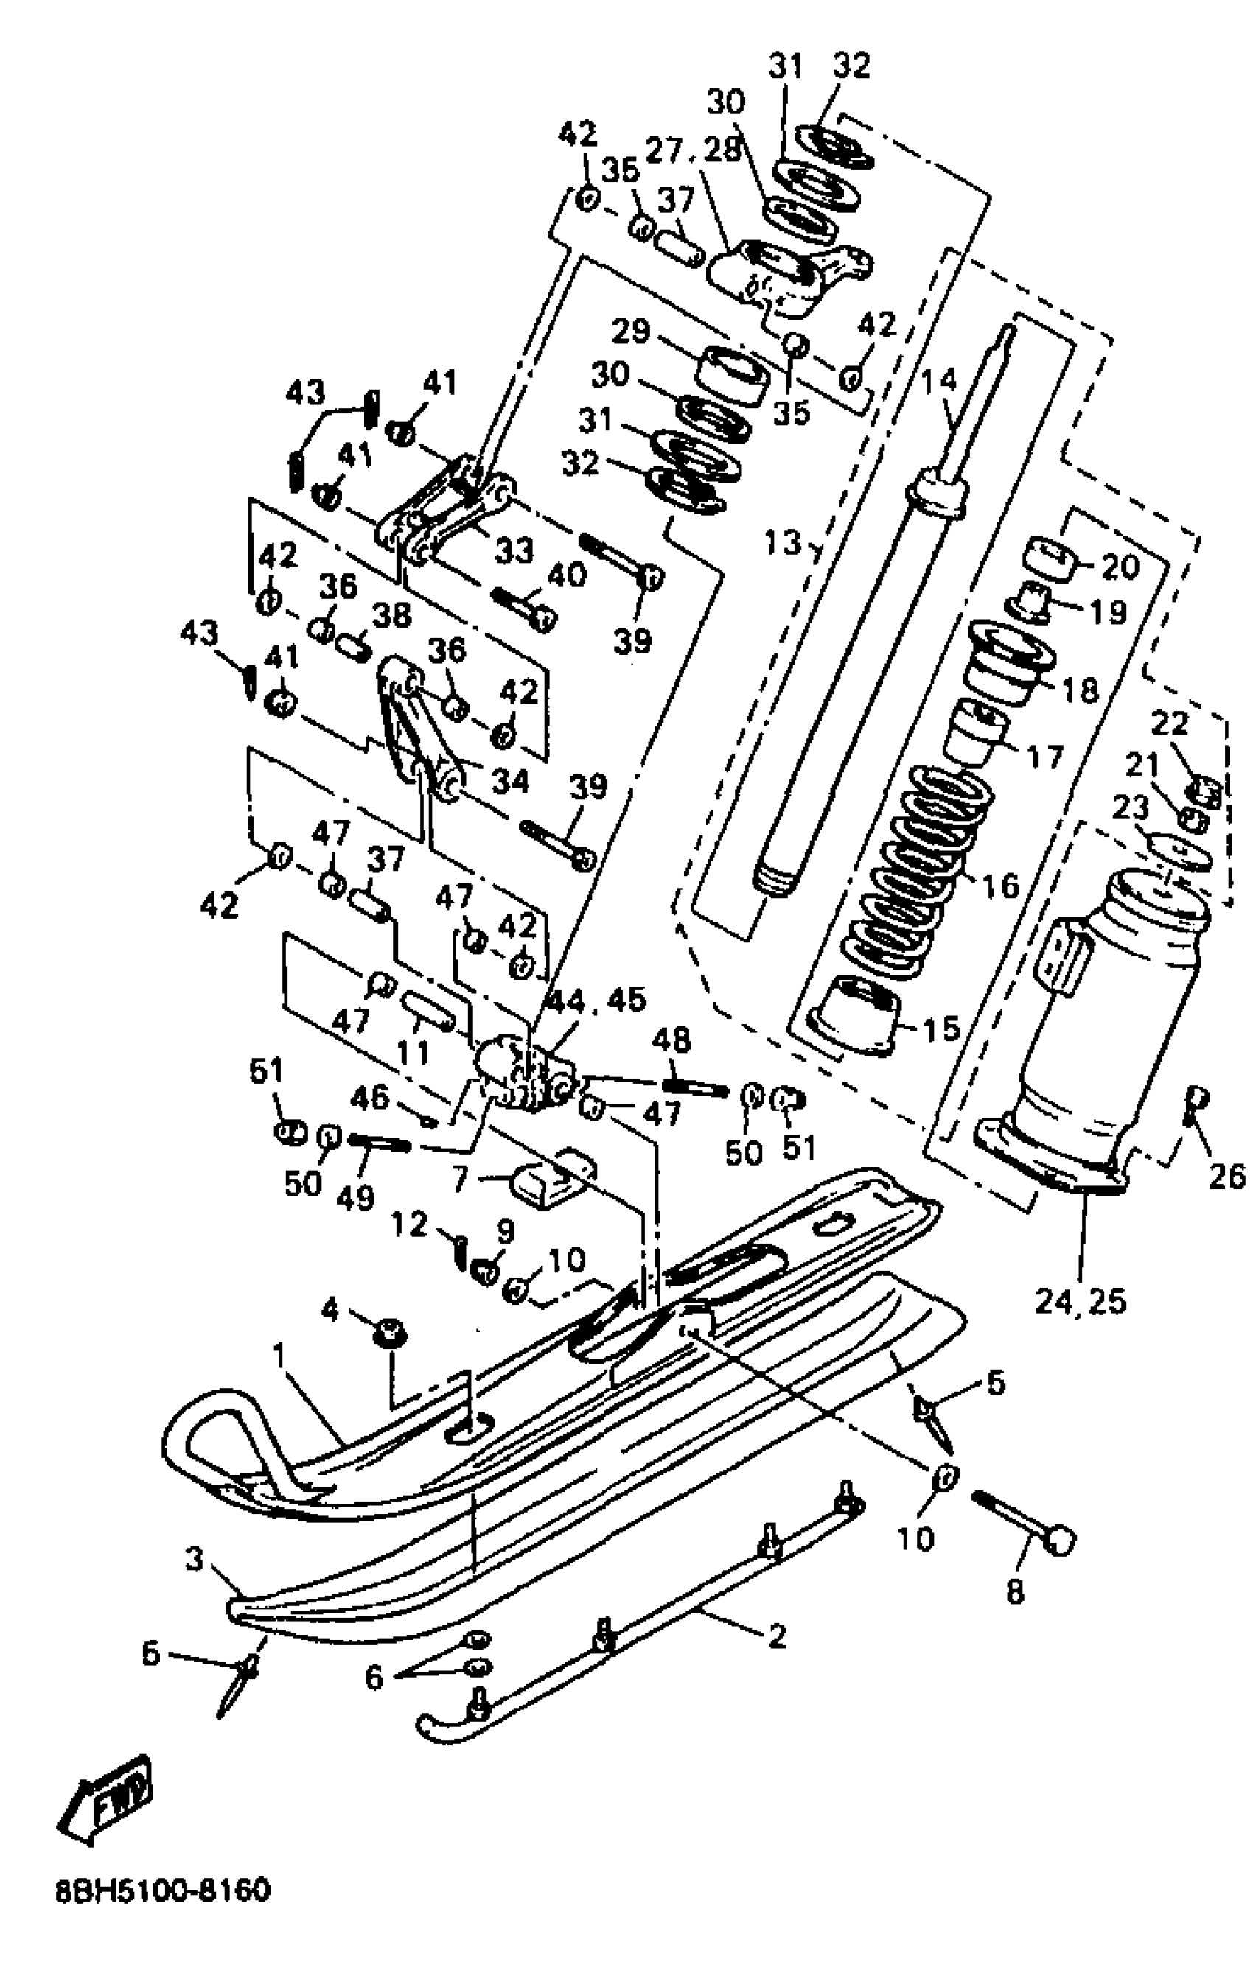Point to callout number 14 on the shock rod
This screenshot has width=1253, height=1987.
938,381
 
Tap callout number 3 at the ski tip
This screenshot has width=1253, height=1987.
194,1560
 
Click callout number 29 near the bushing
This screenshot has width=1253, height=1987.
631,332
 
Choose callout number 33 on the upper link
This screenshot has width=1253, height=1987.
514,550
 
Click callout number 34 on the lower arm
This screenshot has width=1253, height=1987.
509,779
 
